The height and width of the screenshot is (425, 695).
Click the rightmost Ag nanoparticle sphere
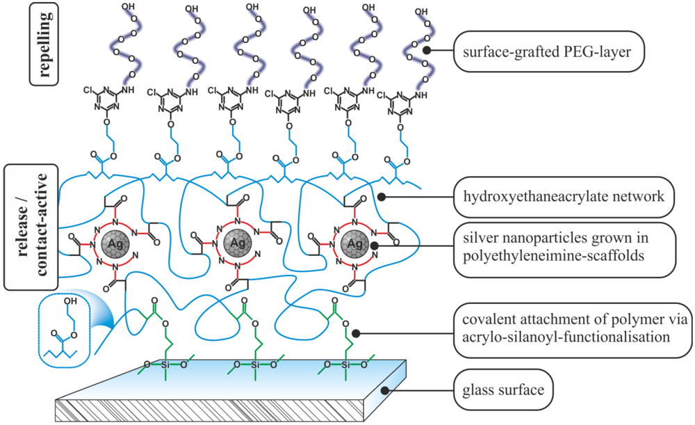coord(355,243)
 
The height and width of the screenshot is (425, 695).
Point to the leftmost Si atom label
coord(165,364)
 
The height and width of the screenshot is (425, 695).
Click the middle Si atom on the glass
coord(256,364)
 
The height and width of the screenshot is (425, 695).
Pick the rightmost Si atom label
coord(347,364)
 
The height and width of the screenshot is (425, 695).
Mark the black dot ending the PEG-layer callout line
coord(429,50)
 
